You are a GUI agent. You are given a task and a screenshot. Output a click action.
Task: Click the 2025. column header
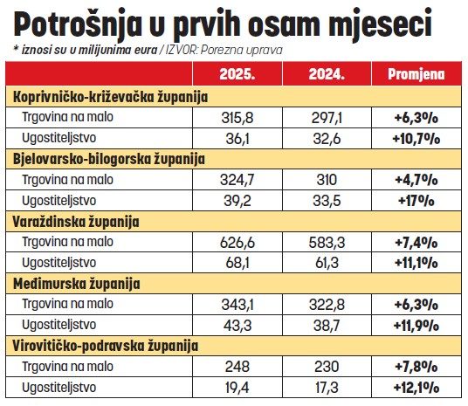(237, 74)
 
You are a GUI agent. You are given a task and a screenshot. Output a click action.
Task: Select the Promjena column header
(416, 74)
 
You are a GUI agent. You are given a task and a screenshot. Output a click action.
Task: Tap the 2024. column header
(327, 74)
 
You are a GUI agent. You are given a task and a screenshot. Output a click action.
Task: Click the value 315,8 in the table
(237, 118)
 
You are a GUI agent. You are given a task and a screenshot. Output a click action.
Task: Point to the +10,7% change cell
(416, 139)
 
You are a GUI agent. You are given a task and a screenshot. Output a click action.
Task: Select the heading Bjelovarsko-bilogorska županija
(109, 159)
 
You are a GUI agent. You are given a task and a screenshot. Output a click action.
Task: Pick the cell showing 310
(327, 180)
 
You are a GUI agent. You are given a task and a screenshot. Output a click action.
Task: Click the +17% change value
(416, 201)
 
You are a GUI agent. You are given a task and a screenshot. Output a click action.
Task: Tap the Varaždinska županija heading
(76, 222)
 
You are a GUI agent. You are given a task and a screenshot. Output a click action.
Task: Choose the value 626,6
(237, 243)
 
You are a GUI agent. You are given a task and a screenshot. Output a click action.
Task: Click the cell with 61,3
(327, 263)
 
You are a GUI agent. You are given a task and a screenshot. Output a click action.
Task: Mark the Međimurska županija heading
(77, 284)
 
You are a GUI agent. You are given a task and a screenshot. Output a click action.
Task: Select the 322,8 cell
(327, 305)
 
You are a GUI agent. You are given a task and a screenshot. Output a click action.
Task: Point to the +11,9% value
(416, 326)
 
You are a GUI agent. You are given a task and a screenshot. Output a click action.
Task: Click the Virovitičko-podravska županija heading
(106, 346)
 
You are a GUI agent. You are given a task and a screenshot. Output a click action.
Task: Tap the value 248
(237, 367)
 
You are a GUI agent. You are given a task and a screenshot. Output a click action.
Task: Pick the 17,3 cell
(327, 388)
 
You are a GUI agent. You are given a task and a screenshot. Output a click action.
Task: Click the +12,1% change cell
(416, 388)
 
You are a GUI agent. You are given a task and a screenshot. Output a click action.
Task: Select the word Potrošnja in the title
(78, 24)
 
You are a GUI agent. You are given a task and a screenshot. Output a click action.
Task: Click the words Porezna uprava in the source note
(242, 51)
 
